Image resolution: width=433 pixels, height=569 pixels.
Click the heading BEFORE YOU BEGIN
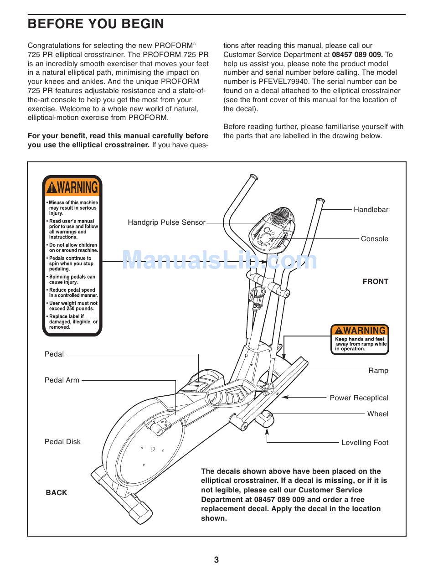click(96, 24)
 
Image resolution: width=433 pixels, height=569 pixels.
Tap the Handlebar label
click(371, 210)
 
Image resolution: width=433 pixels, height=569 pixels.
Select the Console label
click(375, 239)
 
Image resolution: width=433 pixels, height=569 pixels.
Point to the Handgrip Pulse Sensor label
click(166, 222)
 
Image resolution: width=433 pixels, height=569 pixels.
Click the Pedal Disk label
click(62, 441)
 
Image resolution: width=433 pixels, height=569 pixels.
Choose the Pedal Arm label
click(62, 380)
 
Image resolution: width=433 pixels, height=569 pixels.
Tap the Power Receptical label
click(359, 398)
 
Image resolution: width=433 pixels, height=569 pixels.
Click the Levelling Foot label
click(365, 443)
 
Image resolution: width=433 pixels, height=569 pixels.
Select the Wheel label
click(378, 414)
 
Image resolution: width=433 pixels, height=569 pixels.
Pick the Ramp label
click(378, 371)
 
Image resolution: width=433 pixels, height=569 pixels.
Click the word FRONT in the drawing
click(376, 282)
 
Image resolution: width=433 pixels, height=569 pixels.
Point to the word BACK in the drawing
click(57, 493)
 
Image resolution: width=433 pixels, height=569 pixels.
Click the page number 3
click(216, 560)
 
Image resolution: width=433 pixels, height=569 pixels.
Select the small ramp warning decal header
click(360, 330)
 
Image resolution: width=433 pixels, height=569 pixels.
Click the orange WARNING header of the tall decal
click(72, 187)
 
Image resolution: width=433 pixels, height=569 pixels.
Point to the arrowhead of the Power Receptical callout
click(284, 398)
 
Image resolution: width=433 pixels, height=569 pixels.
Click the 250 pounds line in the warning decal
click(72, 309)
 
